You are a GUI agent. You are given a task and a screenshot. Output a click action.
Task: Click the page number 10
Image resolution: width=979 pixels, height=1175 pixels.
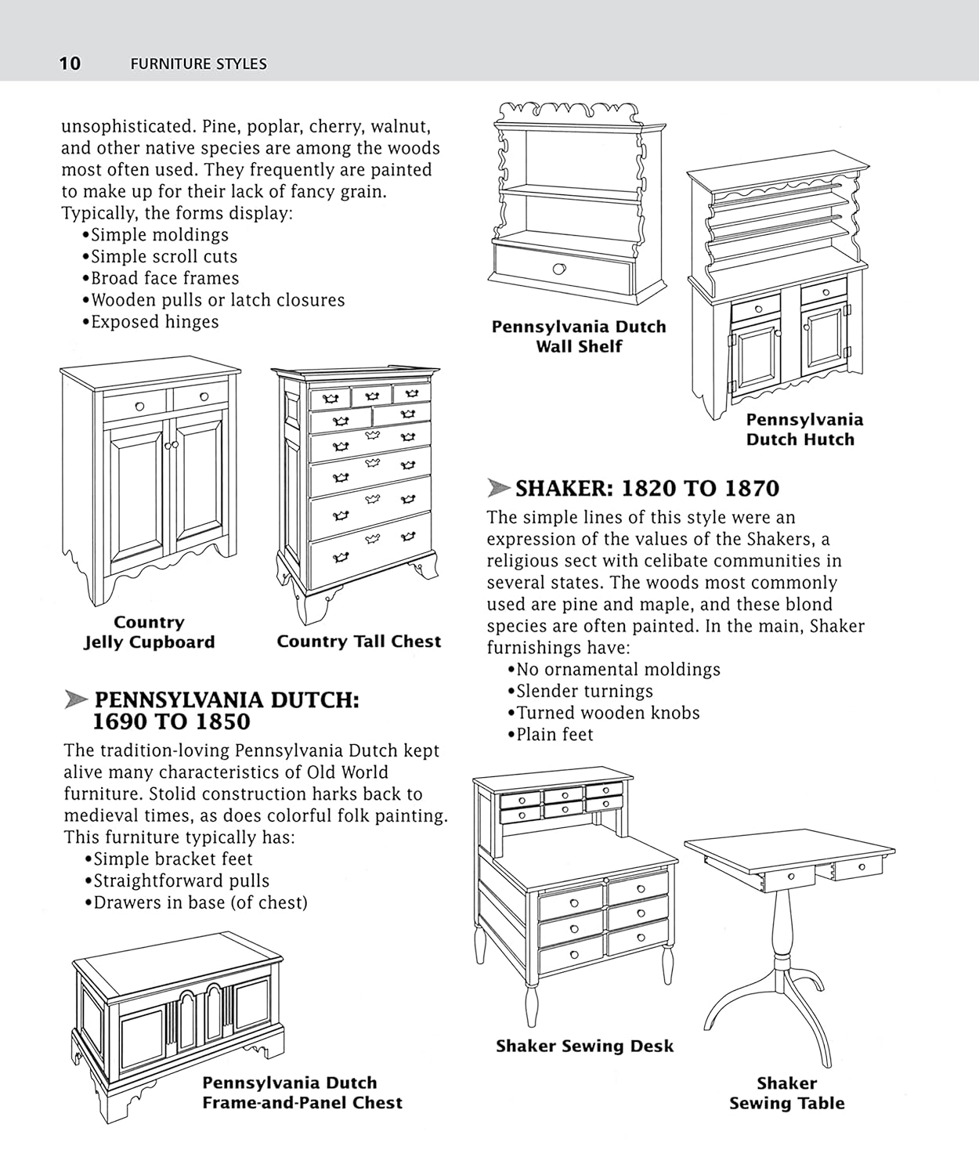tap(70, 63)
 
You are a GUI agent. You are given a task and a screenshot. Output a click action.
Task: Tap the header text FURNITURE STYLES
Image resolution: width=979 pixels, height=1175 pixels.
tap(198, 64)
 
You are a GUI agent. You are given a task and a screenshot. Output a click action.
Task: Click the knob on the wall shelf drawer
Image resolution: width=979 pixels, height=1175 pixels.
tap(558, 269)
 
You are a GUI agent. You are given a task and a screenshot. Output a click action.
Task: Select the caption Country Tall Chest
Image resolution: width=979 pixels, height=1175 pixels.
tap(359, 642)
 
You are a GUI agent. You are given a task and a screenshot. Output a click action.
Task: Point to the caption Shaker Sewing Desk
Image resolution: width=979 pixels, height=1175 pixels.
tap(584, 1046)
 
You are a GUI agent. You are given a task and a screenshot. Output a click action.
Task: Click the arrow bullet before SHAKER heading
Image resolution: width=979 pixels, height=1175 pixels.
tap(498, 488)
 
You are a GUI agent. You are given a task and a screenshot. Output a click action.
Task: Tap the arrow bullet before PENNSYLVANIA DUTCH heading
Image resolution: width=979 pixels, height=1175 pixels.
tap(75, 700)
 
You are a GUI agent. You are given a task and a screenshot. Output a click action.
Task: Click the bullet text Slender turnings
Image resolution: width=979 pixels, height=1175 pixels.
tap(584, 691)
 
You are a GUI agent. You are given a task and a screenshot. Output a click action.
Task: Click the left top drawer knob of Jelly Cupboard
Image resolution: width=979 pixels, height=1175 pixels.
tap(140, 406)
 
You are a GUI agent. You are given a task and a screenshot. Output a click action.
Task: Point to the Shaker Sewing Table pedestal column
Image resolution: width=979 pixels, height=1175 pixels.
tap(781, 924)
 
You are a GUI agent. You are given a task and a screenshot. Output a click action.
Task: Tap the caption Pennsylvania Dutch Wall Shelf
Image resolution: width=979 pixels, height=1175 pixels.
tap(579, 336)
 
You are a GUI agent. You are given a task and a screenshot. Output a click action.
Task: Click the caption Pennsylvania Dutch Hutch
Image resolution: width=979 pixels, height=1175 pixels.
tap(804, 429)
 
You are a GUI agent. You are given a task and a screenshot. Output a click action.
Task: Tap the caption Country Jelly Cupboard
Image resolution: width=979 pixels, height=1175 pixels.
tap(149, 632)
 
